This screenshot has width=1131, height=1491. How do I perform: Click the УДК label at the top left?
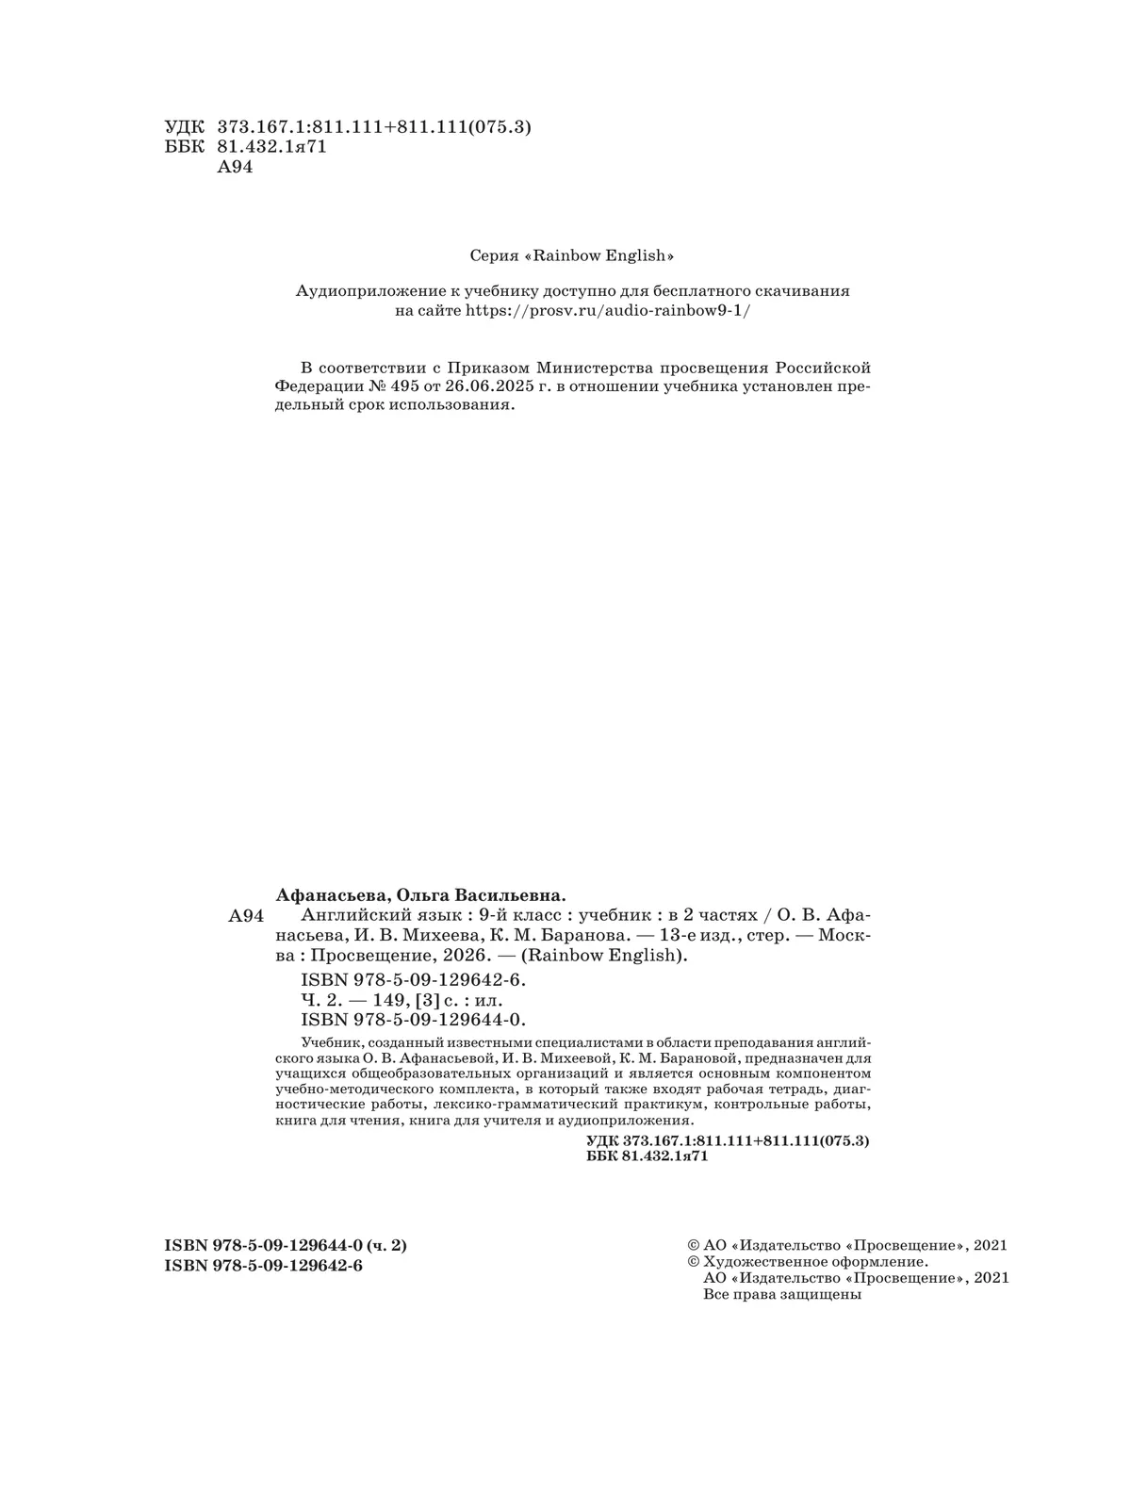pos(183,127)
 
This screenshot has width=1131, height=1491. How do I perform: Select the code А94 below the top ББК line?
pos(236,168)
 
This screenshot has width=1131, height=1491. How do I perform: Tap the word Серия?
pos(491,255)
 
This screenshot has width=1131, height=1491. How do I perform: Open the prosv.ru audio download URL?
pos(609,311)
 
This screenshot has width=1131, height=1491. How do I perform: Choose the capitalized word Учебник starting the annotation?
pos(329,1043)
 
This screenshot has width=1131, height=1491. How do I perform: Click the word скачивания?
pos(806,291)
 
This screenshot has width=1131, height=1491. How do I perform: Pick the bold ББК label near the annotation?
pos(602,1156)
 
